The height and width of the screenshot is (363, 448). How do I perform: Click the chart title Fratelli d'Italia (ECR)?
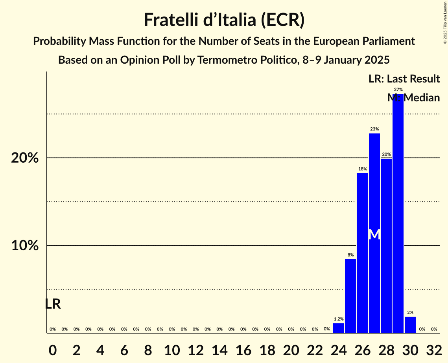(x=224, y=20)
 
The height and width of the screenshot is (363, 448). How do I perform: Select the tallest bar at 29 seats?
(x=398, y=212)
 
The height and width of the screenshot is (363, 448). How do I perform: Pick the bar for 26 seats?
(x=362, y=253)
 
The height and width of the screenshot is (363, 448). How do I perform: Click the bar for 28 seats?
(x=386, y=246)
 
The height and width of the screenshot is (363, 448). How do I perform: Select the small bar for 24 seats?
(x=339, y=328)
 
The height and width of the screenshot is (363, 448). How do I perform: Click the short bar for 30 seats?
(x=410, y=325)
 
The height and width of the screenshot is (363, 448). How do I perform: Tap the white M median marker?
(x=374, y=235)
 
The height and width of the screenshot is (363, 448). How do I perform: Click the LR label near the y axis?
(x=53, y=304)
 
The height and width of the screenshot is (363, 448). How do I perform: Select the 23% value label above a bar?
(x=374, y=129)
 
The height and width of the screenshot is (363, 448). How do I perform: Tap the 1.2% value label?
(x=339, y=319)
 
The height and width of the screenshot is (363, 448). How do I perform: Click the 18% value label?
(x=362, y=169)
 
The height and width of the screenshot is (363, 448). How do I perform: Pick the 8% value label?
(x=350, y=255)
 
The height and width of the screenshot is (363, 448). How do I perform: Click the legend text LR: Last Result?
(x=404, y=79)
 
